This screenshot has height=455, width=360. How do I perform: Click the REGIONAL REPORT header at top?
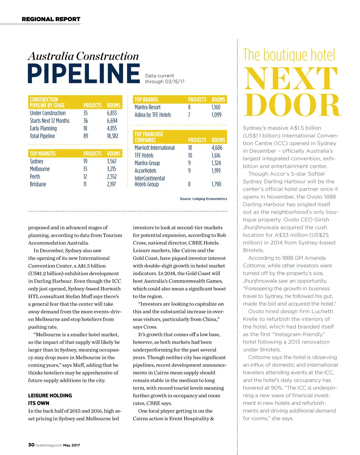pyautogui.click(x=51, y=19)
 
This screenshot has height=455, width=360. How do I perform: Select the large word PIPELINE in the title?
pyautogui.click(x=84, y=73)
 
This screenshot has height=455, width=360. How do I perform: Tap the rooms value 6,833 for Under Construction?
pyautogui.click(x=112, y=113)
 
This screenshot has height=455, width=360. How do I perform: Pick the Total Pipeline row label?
pyautogui.click(x=42, y=136)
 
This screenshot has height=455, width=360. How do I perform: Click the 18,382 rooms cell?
pyautogui.click(x=112, y=136)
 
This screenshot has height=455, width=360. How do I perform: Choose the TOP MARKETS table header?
pyautogui.click(x=43, y=154)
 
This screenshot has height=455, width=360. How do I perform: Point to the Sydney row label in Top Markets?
pyautogui.click(x=37, y=161)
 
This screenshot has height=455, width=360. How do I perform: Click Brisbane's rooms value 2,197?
pyautogui.click(x=111, y=184)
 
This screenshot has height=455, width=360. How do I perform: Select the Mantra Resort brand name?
pyautogui.click(x=147, y=107)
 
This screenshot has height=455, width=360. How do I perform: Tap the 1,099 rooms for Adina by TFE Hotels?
pyautogui.click(x=216, y=115)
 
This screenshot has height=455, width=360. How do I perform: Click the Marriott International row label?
pyautogui.click(x=154, y=148)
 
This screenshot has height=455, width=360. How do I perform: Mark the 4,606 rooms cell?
pyautogui.click(x=217, y=148)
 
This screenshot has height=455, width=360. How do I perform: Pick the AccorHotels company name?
pyautogui.click(x=145, y=171)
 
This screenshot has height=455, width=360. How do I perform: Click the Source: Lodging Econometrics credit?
pyautogui.click(x=203, y=199)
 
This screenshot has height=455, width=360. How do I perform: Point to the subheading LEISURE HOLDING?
pyautogui.click(x=50, y=396)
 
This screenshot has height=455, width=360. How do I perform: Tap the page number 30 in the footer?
pyautogui.click(x=31, y=445)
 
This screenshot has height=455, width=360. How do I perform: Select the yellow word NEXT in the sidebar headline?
pyautogui.click(x=291, y=79)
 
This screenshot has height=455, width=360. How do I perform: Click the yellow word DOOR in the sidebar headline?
pyautogui.click(x=292, y=105)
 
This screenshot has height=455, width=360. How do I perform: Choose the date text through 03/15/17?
pyautogui.click(x=165, y=82)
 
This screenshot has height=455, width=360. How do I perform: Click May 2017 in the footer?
pyautogui.click(x=71, y=445)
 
